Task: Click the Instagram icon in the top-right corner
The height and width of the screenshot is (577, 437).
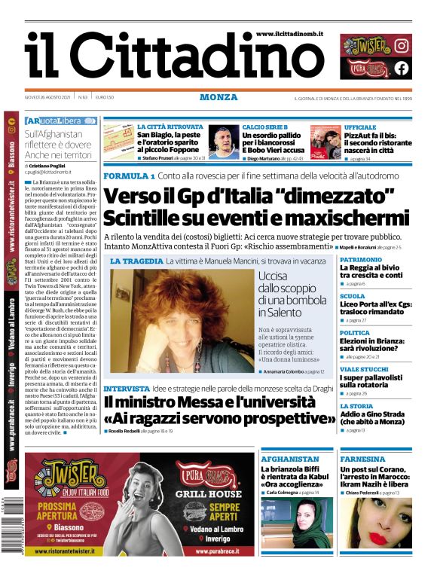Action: tap(402, 45)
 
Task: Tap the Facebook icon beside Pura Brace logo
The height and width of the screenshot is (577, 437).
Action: tap(402, 68)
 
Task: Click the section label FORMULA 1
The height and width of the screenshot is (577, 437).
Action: tap(129, 176)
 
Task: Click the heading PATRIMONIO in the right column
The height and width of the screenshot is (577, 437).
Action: tap(361, 259)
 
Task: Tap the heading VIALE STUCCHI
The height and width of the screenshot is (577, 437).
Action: tap(364, 370)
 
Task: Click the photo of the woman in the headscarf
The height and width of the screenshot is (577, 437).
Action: tap(304, 524)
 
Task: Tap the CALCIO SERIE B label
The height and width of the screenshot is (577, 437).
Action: tap(265, 127)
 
